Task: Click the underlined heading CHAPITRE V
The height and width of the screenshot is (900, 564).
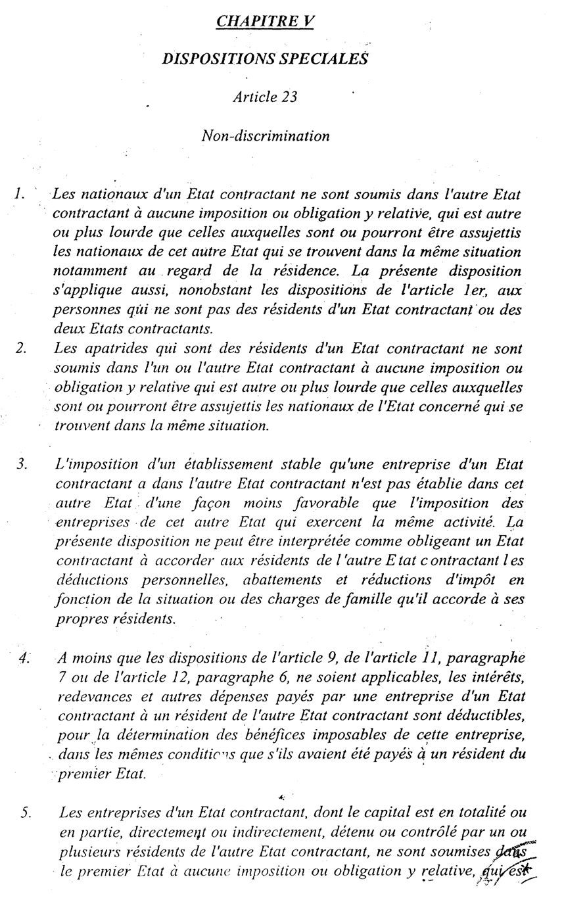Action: (x=265, y=22)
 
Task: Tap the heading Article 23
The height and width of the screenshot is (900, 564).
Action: (x=265, y=97)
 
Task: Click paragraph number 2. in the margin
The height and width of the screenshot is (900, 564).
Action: (x=20, y=348)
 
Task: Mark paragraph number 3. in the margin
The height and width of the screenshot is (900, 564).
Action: (x=22, y=465)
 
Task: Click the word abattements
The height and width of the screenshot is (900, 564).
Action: (x=283, y=580)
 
